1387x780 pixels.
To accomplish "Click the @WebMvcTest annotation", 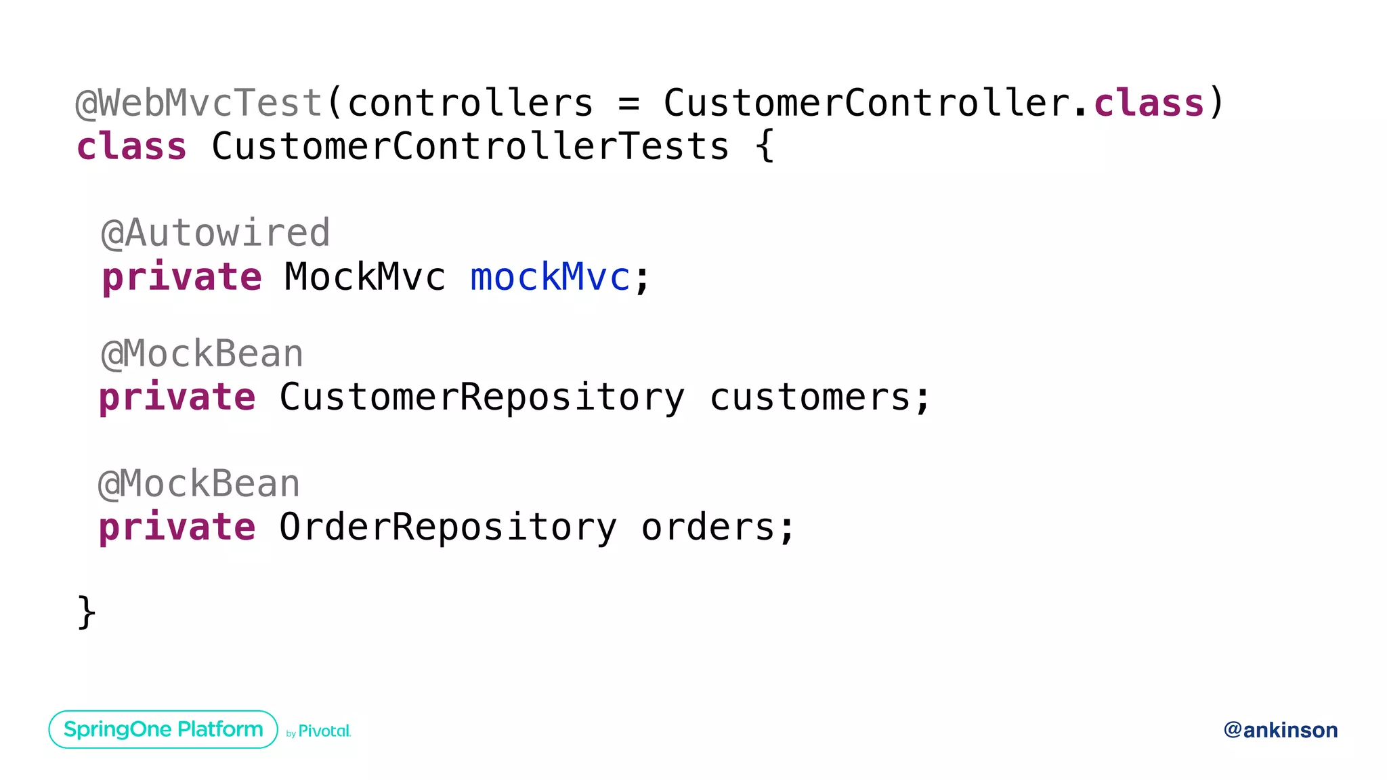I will tap(198, 104).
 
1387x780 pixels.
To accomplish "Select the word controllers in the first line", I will tap(470, 104).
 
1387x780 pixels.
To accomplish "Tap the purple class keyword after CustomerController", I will tap(1149, 104).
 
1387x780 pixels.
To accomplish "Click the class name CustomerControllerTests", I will tap(470, 147).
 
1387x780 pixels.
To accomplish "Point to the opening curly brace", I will tap(765, 147).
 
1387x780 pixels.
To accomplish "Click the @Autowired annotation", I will tap(215, 234).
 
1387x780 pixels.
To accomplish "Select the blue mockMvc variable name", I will tap(550, 277).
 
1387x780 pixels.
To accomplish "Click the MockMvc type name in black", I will tap(364, 277).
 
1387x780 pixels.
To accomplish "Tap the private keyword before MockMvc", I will tap(182, 278).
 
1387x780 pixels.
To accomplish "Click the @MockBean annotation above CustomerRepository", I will tap(202, 354).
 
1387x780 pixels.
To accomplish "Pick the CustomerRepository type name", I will tap(482, 397).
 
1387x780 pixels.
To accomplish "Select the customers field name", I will tap(810, 397).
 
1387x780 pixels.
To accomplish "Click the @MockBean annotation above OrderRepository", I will tap(199, 484).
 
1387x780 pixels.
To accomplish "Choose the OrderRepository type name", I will tap(448, 527).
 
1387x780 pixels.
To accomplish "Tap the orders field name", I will tap(708, 527).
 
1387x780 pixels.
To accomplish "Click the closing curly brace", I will tap(87, 613).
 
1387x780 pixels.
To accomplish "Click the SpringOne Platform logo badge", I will tap(163, 729).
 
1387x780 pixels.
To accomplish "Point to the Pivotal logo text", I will tap(324, 731).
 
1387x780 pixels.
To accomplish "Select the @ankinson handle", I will tap(1280, 730).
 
